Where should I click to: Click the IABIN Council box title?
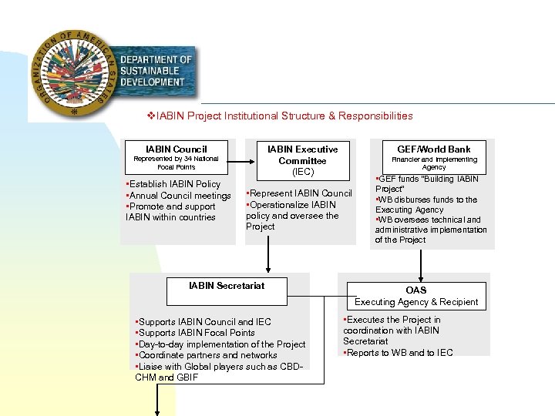[177, 149]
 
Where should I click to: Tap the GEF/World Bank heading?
[434, 149]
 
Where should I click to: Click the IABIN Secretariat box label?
[227, 286]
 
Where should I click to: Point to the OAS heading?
[416, 290]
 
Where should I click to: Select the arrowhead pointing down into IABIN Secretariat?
[269, 268]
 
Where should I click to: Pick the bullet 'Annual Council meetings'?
[178, 196]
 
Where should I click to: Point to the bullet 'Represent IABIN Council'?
[299, 193]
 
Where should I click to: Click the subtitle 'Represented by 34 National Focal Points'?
[177, 163]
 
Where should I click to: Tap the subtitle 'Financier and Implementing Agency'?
[434, 163]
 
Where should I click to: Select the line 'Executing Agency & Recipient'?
[416, 302]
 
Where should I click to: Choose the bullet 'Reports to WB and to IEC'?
[398, 353]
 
